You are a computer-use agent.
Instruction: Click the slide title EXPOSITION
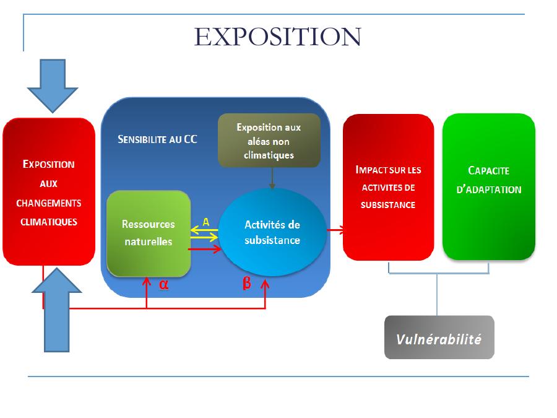(277, 37)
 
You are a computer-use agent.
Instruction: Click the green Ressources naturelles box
(148, 233)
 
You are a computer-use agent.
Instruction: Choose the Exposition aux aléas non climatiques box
(269, 141)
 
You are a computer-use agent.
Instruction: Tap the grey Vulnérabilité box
(439, 337)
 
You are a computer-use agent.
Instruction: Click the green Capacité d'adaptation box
(488, 186)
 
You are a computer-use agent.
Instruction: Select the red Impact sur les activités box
(388, 186)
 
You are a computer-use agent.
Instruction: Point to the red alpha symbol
(164, 285)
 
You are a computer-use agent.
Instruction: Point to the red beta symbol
(246, 285)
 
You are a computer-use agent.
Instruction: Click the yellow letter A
(206, 222)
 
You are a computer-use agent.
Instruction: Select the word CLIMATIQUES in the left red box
(49, 221)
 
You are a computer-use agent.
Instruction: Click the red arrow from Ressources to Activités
(205, 249)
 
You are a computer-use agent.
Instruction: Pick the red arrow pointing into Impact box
(337, 230)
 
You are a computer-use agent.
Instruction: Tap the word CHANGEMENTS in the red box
(49, 202)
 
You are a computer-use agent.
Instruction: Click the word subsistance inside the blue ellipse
(272, 240)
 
